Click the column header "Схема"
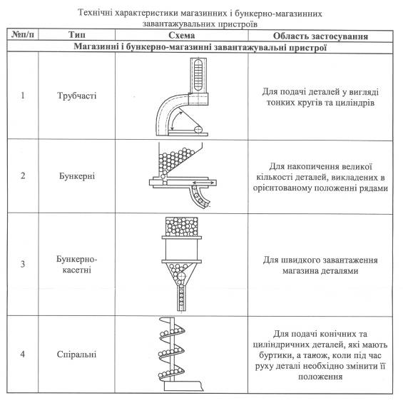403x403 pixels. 181,36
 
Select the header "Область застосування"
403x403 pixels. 320,36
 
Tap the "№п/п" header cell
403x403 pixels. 23,34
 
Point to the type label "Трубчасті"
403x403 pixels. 76,96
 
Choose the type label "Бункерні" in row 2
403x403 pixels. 77,176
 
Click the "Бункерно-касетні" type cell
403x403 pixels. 76,265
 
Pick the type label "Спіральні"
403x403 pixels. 76,354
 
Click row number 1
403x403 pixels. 23,96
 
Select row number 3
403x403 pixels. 23,264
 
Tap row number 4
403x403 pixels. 23,354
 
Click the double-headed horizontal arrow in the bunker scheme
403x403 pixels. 203,183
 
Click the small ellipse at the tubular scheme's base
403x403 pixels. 198,129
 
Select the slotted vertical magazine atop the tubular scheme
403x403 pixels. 198,75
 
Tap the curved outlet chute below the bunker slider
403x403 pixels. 199,198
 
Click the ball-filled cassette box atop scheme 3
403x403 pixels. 182,227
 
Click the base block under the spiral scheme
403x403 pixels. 184,387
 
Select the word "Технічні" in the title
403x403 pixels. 95,13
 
